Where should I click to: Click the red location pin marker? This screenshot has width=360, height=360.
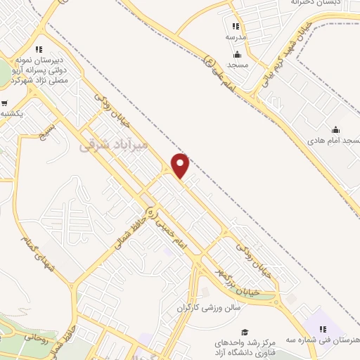point(181,165)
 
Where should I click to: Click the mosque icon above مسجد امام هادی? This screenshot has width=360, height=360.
point(335,129)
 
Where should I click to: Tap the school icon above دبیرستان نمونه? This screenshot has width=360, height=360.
point(39,49)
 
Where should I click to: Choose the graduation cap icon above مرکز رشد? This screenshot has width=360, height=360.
point(244,332)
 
